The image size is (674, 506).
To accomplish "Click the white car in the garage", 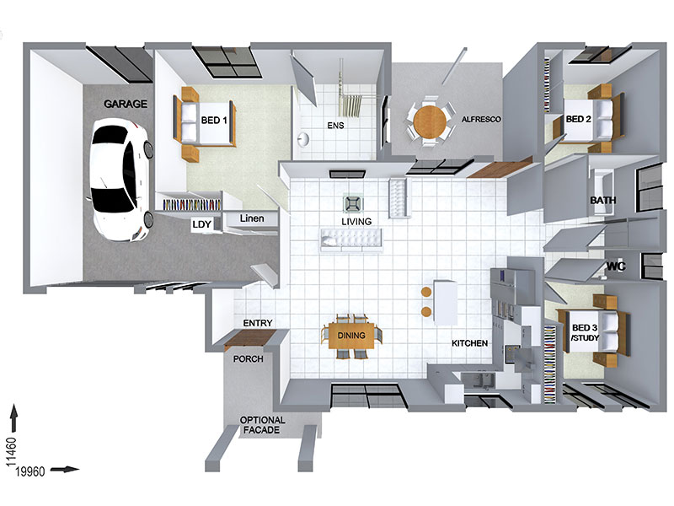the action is [x=121, y=179].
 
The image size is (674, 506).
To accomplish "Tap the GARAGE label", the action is [x=126, y=104].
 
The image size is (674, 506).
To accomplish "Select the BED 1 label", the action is [x=214, y=120].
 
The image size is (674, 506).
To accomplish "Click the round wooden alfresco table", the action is [x=431, y=121].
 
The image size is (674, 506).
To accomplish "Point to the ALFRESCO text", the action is [x=481, y=119].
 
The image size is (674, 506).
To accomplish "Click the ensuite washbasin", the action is [x=303, y=139].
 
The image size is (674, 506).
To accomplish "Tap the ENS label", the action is [x=335, y=125].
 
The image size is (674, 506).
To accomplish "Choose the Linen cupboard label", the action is [x=252, y=218].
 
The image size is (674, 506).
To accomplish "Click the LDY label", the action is [x=201, y=224].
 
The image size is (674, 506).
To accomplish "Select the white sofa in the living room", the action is [x=350, y=240].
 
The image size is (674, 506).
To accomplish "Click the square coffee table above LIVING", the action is [x=353, y=204].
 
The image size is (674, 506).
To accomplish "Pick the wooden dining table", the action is [x=351, y=336].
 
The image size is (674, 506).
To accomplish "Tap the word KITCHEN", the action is [x=469, y=343].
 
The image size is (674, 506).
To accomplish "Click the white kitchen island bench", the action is [x=446, y=303].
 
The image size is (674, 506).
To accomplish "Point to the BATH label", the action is [x=602, y=200].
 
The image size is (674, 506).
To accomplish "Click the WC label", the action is [x=616, y=266].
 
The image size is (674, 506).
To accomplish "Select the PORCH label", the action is [x=248, y=358].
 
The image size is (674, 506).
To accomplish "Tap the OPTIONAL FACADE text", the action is [x=262, y=425].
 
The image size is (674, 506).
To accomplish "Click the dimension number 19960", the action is [x=30, y=471].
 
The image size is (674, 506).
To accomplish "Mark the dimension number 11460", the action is [x=11, y=452].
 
